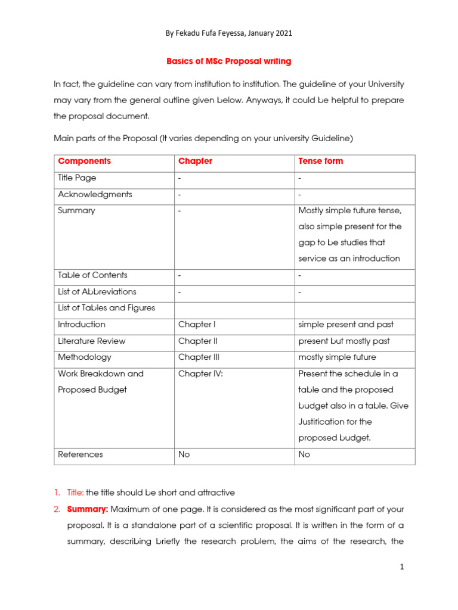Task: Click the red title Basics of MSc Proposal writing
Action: (x=228, y=61)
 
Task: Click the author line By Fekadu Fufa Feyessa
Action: (x=228, y=34)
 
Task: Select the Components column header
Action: (x=84, y=161)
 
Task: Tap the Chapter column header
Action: (x=195, y=161)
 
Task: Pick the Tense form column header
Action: (x=320, y=161)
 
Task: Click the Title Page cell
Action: (x=77, y=178)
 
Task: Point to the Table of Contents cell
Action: (x=92, y=275)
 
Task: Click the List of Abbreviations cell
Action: (x=97, y=292)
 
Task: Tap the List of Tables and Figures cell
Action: (x=106, y=308)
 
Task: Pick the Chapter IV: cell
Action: (x=200, y=374)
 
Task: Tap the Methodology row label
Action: (x=84, y=357)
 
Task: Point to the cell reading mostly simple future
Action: (x=338, y=357)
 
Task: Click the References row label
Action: (x=80, y=455)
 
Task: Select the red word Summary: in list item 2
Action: (x=87, y=509)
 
